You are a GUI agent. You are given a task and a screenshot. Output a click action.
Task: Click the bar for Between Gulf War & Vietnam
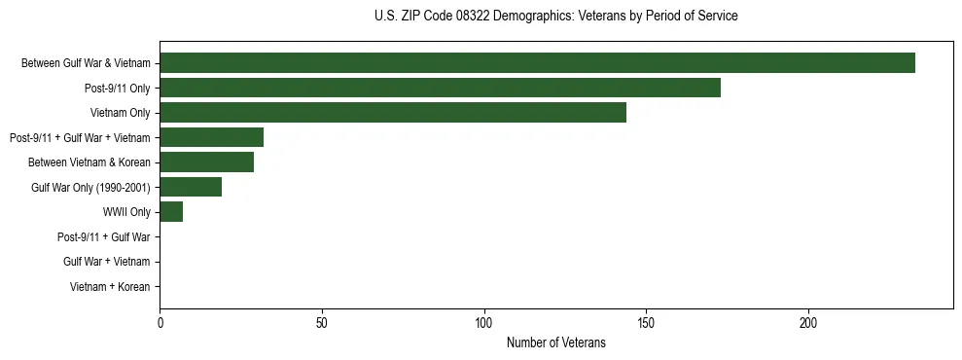[x=537, y=63]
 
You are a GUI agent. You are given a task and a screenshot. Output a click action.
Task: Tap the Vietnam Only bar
[x=393, y=113]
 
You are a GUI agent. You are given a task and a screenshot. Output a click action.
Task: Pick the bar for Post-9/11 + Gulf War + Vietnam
[x=211, y=137]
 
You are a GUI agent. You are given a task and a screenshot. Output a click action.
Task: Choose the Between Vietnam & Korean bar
[x=206, y=162]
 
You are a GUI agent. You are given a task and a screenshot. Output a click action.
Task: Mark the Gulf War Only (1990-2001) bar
[x=191, y=187]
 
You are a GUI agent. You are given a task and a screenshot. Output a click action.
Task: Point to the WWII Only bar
[x=171, y=211]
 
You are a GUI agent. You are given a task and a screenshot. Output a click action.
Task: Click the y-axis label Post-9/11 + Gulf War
[x=103, y=236]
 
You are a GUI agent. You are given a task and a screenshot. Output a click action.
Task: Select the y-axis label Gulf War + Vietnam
[x=106, y=262]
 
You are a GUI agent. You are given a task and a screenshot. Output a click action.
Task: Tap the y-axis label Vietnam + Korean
[x=110, y=286]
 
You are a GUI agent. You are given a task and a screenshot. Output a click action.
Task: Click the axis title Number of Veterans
[x=555, y=342]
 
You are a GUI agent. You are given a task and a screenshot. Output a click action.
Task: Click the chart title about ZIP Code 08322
[x=555, y=17]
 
